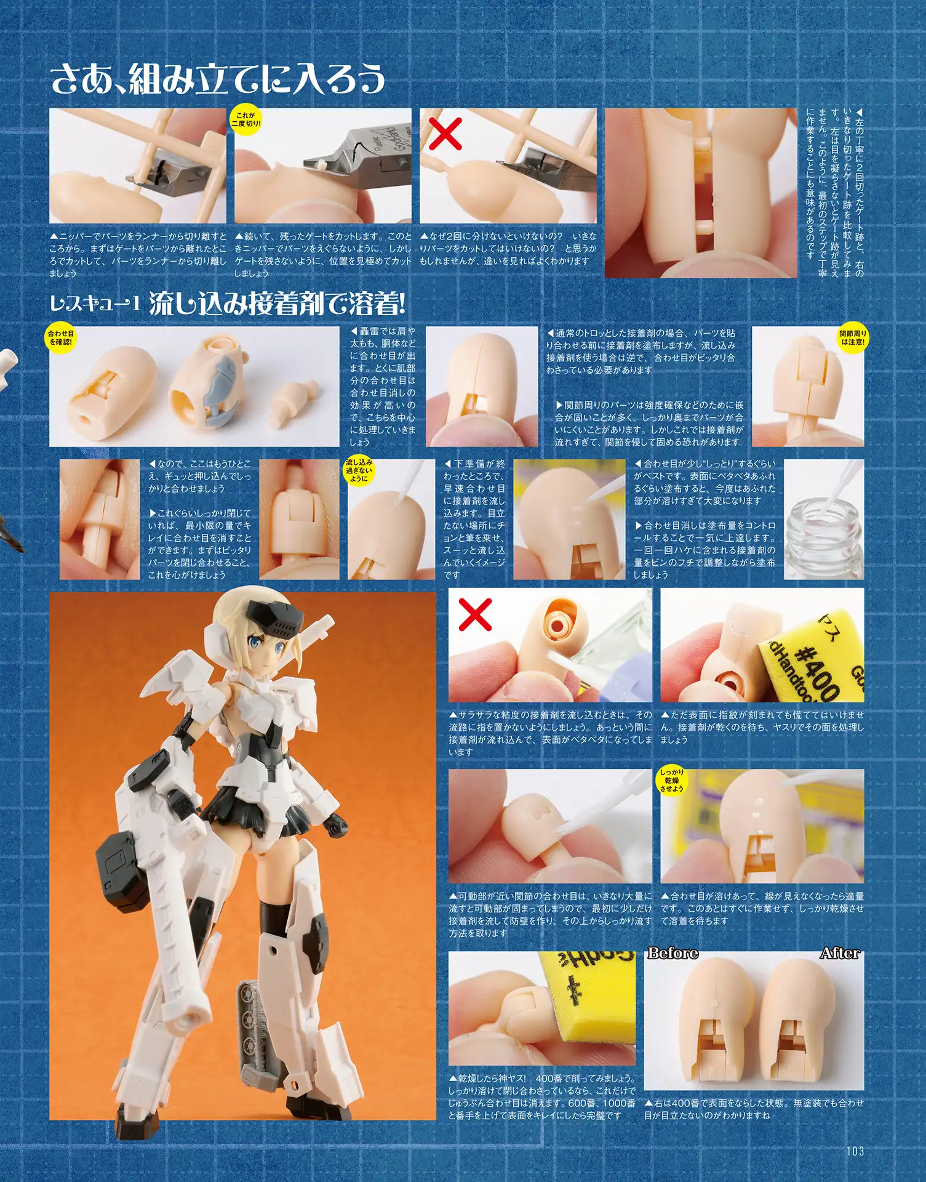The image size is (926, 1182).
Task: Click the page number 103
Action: point(855,1150)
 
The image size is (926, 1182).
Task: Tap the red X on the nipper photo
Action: point(445,134)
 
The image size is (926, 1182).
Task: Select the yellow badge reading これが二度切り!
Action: point(246,119)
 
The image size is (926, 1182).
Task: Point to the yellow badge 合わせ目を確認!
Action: point(60,337)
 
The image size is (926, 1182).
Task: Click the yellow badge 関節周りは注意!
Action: point(853,337)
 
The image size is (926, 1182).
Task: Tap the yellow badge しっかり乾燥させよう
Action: point(672,780)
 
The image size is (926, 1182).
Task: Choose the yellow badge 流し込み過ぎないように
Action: point(358,470)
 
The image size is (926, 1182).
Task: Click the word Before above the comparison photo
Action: point(673,954)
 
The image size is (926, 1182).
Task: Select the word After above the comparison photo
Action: point(840,954)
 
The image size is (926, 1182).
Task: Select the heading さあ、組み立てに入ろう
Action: point(218,80)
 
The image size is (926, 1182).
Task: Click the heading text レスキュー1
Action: point(95,303)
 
